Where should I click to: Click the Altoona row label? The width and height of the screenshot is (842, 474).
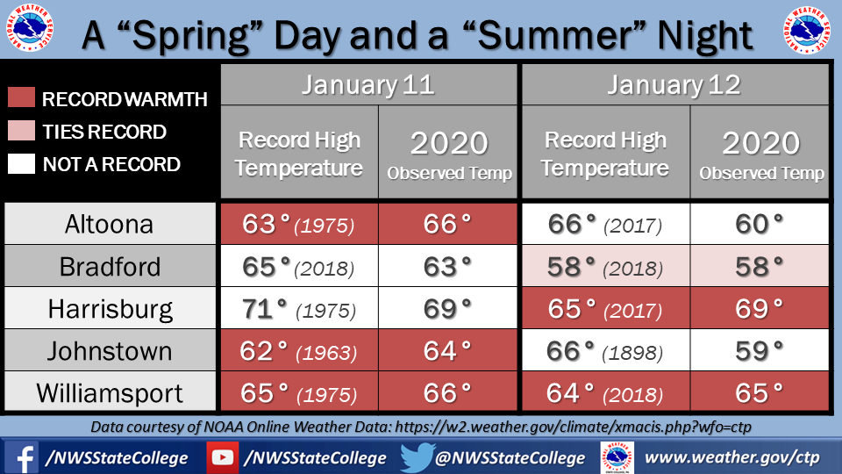(110, 224)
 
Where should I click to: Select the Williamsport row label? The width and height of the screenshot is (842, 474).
(110, 393)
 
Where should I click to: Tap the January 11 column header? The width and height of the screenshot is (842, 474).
(368, 85)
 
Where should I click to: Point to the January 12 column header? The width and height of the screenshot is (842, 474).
(675, 85)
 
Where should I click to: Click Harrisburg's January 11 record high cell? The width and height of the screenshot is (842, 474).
(299, 308)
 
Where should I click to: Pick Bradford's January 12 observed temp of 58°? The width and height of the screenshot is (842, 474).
(760, 267)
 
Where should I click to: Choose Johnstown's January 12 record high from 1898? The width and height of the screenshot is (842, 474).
(606, 351)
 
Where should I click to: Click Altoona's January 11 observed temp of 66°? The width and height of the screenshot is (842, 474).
(447, 224)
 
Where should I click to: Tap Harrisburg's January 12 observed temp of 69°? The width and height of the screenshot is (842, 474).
(760, 308)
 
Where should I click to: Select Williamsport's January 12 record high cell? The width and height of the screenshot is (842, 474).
(606, 393)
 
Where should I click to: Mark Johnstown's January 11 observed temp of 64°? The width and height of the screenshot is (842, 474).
(447, 351)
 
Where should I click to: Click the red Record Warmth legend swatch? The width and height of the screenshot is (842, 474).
(21, 97)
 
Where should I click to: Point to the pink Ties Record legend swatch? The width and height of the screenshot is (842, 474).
(21, 131)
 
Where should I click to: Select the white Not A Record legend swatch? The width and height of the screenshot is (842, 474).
(21, 163)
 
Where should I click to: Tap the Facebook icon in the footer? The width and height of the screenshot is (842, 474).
(21, 457)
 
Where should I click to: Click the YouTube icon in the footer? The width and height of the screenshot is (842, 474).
(222, 457)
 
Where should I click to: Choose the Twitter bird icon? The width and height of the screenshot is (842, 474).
(417, 457)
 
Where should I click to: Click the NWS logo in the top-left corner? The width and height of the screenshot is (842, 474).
(30, 28)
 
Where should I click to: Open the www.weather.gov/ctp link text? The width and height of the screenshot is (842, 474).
(731, 457)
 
